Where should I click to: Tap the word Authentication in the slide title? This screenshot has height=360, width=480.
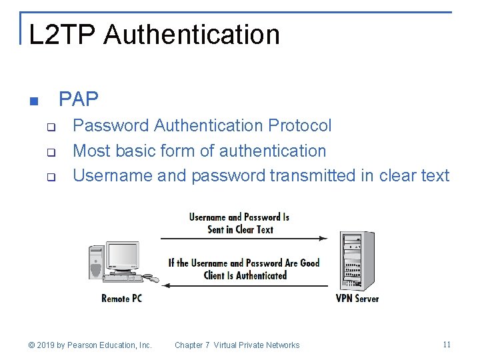(x=191, y=35)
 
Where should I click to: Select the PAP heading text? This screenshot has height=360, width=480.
(x=79, y=99)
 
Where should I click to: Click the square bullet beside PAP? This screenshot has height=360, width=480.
(x=34, y=102)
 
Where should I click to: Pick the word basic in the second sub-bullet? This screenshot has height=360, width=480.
(x=137, y=151)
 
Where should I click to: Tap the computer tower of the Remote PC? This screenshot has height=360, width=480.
(x=96, y=263)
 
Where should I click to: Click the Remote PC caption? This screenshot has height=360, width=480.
(x=121, y=299)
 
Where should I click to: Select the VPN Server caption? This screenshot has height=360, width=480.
(x=357, y=299)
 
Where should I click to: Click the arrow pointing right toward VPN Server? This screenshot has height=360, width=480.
(x=243, y=238)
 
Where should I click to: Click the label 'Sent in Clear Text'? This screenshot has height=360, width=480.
(x=240, y=230)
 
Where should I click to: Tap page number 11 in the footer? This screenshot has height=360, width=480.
(x=447, y=345)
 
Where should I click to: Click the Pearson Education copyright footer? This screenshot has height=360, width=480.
(x=90, y=345)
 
